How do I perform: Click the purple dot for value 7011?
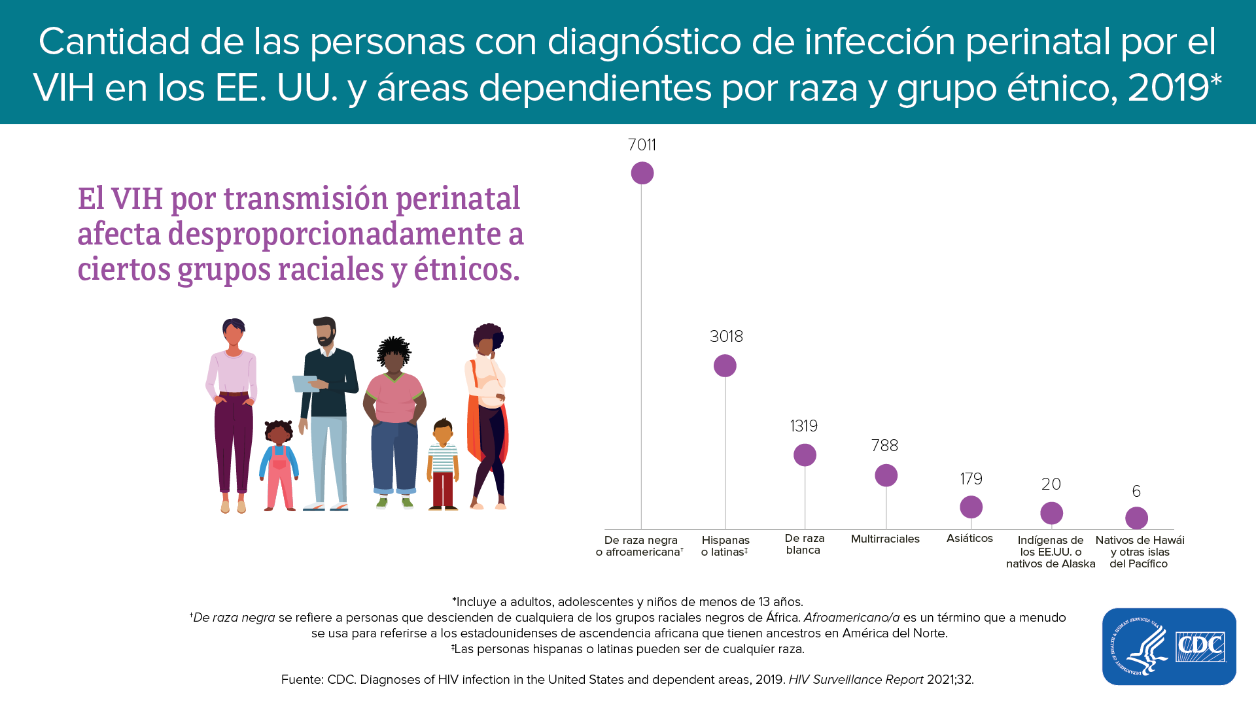pos(642,173)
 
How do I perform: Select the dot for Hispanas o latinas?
pos(725,365)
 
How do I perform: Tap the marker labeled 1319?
pos(805,455)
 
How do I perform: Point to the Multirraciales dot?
pos(886,475)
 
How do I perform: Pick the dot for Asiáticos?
pos(971,507)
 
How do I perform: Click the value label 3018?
pos(726,337)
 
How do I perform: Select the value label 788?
pos(884,446)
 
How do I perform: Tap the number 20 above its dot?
pos(1051,484)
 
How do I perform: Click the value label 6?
pos(1136,491)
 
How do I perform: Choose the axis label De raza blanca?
pos(804,544)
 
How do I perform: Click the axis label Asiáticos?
pos(969,538)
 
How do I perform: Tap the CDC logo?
pos(1169,647)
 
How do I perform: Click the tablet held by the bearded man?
pos(305,384)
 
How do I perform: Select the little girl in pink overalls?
pos(279,465)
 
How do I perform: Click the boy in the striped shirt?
pos(443,465)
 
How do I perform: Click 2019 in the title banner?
pos(1168,88)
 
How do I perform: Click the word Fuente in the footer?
pos(301,680)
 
